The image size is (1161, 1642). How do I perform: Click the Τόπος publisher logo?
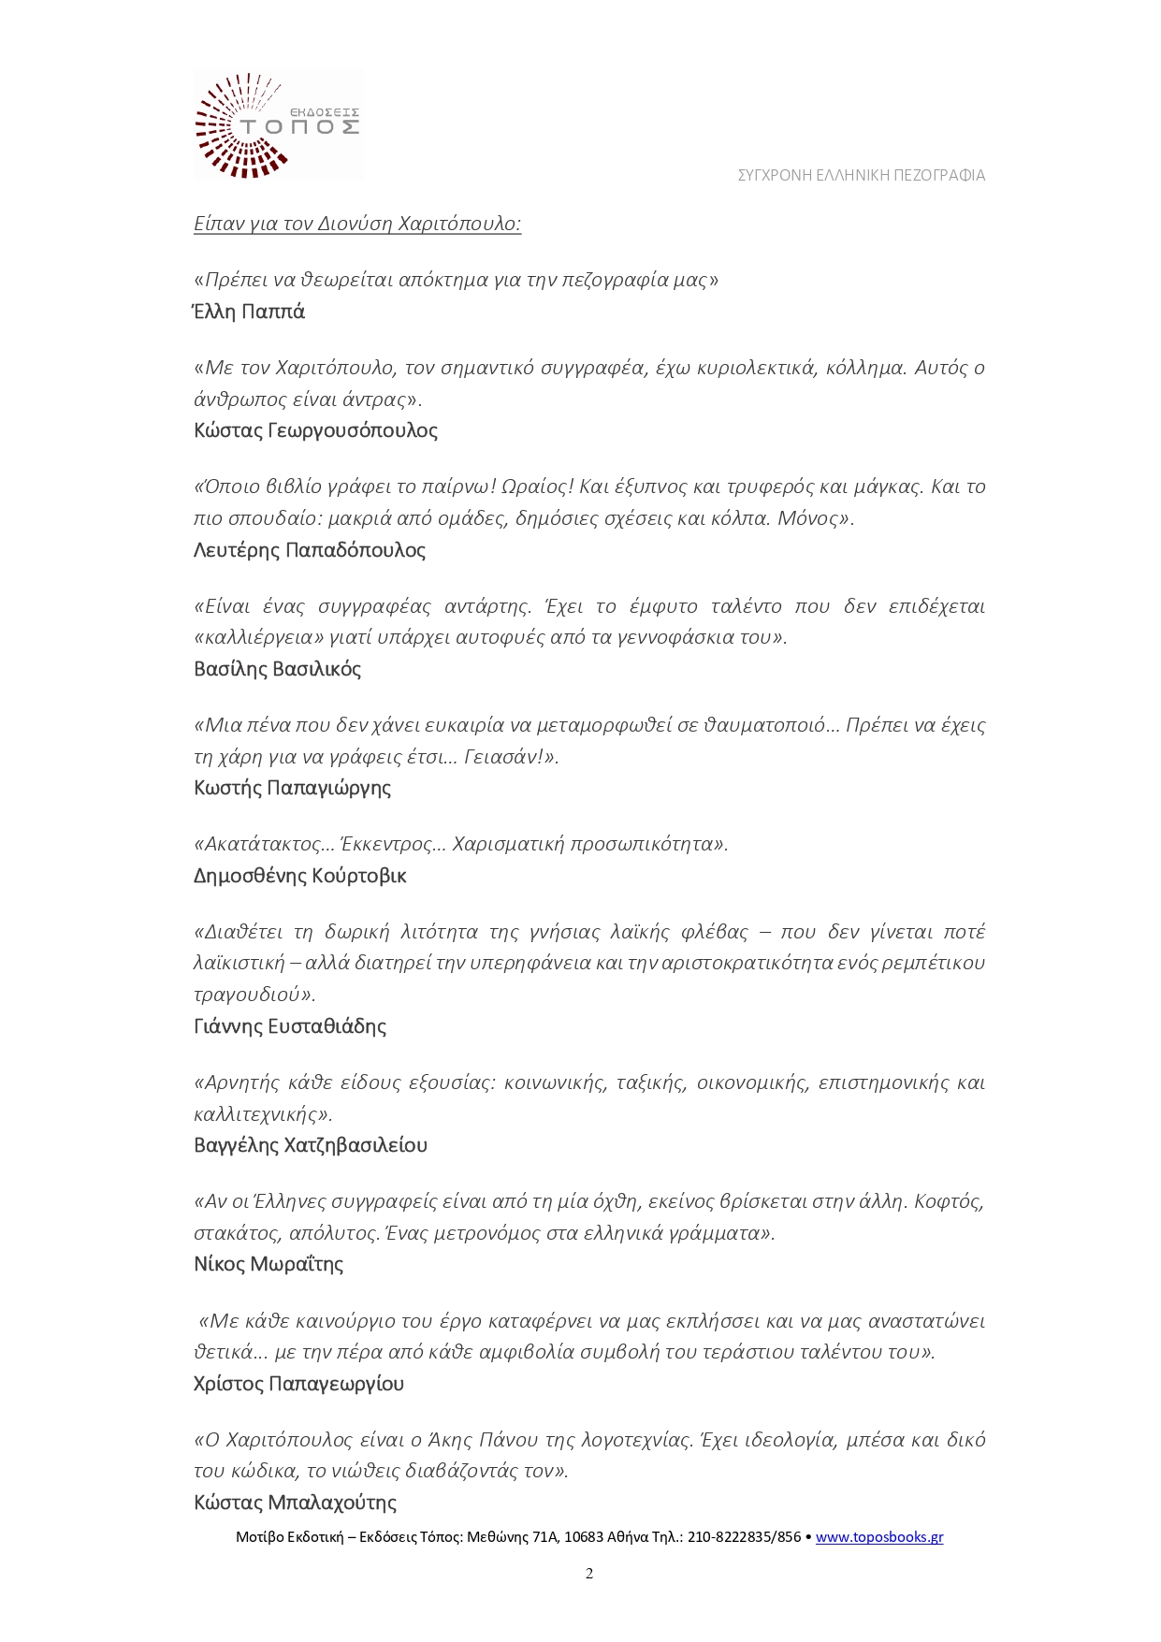coord(278,124)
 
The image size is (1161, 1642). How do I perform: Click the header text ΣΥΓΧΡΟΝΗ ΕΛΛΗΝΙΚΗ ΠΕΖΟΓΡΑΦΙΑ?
coord(861,175)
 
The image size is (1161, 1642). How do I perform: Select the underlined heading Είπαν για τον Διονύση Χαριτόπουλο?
coord(356,224)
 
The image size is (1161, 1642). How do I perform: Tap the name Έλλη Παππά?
coord(249,312)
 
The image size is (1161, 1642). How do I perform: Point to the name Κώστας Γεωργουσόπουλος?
coord(315,430)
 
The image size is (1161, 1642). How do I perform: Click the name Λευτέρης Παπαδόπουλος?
coord(309,550)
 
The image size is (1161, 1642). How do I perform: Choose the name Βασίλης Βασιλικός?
coord(277,669)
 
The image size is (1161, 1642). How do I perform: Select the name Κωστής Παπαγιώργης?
coord(292,788)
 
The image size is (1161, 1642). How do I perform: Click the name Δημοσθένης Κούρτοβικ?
coord(299,876)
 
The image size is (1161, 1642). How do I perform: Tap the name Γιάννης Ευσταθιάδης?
coord(289,1026)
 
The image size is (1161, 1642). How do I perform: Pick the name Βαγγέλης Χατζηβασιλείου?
coord(310,1145)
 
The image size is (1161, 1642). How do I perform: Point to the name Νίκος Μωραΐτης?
coord(268,1264)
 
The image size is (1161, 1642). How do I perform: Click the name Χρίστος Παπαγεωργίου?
coord(298,1384)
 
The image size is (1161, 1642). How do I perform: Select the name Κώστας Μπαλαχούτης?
coord(295,1503)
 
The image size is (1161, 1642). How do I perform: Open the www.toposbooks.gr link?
coord(878,1537)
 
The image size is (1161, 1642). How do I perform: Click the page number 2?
coord(589,1574)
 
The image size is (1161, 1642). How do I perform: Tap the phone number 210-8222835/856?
coord(744,1537)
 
